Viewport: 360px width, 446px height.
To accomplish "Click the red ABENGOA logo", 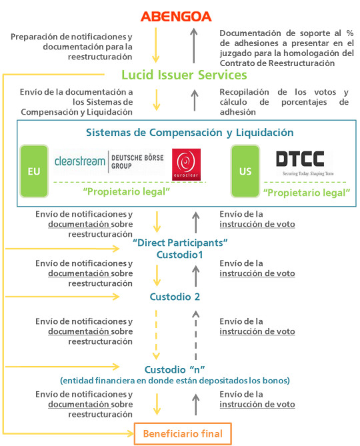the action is (x=176, y=17).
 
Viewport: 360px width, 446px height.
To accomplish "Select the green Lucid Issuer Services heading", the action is (x=184, y=75).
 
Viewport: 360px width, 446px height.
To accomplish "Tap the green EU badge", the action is (x=34, y=171).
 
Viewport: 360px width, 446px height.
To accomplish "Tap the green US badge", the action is (x=245, y=171).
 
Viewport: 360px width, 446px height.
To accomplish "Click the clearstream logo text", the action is (x=80, y=161).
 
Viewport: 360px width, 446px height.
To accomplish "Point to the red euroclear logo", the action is (x=186, y=165).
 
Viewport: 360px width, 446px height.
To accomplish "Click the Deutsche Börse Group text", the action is (x=137, y=161).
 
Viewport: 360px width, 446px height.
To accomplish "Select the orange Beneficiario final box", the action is (x=183, y=434).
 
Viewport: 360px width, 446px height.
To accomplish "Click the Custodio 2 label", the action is (x=175, y=297).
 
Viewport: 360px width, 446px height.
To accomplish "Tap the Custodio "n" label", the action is (x=175, y=369).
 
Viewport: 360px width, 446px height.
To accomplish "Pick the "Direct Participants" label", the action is (x=180, y=243).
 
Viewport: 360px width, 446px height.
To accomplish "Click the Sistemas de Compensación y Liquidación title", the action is (x=190, y=133).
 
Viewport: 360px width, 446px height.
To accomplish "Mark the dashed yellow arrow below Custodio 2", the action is (x=156, y=335).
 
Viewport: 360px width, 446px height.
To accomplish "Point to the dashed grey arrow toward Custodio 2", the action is (x=195, y=335).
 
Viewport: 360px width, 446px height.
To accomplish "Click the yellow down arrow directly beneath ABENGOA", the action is (x=155, y=45).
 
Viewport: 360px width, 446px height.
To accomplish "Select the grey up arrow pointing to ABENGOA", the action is (x=194, y=45).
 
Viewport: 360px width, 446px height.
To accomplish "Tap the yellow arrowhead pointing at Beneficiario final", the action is (x=131, y=434).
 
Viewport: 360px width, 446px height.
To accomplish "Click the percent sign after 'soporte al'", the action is (x=350, y=33).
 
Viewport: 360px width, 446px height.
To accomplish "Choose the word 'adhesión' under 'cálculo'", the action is (x=237, y=112).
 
